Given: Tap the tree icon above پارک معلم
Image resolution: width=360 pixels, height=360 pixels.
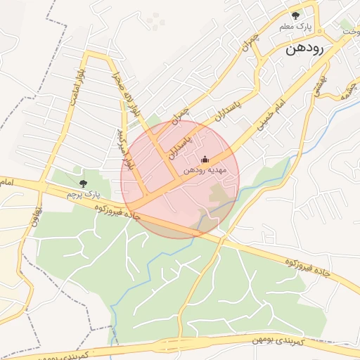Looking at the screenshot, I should (x=295, y=15).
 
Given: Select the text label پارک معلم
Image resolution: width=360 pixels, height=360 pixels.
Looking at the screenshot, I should (x=295, y=27).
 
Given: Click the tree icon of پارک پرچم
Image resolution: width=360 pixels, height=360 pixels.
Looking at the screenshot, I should (x=84, y=182).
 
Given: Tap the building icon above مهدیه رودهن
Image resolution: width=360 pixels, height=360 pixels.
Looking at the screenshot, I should (x=205, y=159).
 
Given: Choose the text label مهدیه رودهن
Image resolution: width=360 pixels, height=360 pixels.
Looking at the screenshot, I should (x=204, y=170).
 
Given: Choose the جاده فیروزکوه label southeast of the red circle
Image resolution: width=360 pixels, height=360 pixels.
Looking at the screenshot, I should (x=307, y=265).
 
